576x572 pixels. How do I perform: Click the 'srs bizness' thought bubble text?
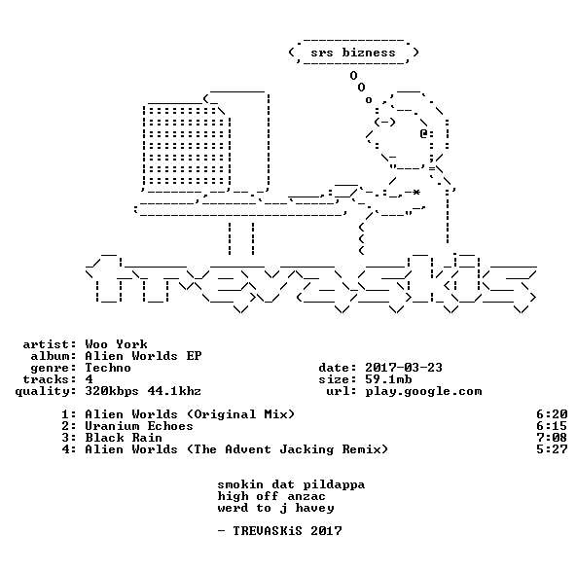(353, 53)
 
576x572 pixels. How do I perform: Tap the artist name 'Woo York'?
(116, 344)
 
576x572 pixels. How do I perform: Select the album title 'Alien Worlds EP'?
(143, 356)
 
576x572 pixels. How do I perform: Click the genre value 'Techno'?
(108, 368)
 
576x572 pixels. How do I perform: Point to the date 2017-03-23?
(404, 368)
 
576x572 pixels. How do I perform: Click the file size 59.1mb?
(388, 379)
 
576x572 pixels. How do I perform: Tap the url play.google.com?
(423, 392)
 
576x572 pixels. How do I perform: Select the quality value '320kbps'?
(112, 392)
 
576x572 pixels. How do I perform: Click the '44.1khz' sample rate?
(174, 391)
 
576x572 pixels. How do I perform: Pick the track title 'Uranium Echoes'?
(139, 426)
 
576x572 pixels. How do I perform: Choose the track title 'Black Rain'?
(124, 438)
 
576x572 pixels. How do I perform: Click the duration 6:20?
(552, 414)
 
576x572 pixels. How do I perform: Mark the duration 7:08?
(552, 438)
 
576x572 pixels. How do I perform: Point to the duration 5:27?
(552, 449)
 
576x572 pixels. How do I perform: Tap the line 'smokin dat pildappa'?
(291, 484)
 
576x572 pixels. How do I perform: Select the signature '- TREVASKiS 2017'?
(280, 531)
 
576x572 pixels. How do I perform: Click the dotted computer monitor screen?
(187, 145)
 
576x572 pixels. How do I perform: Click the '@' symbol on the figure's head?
(423, 133)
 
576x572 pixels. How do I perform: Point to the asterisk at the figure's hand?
(415, 193)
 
